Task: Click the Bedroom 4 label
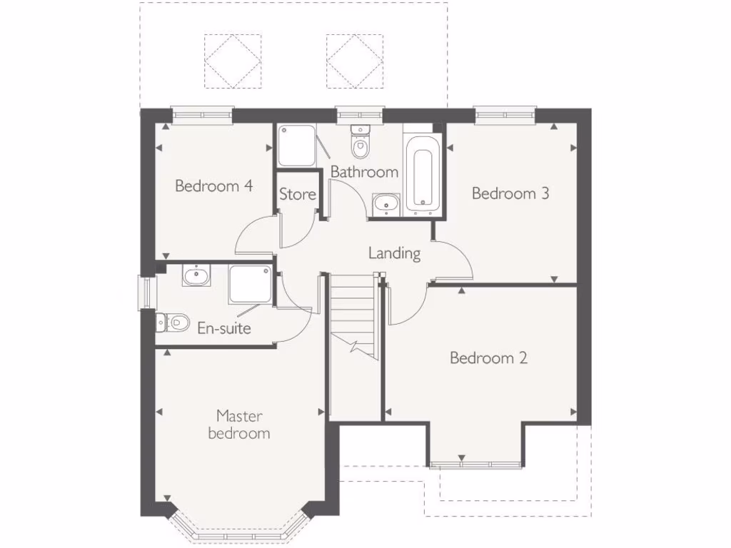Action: tap(214, 186)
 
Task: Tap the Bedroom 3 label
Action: tap(510, 193)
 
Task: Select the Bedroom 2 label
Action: tap(488, 358)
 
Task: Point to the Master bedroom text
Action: tap(239, 425)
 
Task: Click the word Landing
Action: tap(394, 253)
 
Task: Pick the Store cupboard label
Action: tap(297, 194)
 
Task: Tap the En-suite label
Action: tap(224, 329)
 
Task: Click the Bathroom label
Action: tap(364, 172)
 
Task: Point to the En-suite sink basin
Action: tap(195, 275)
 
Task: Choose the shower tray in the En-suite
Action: tap(250, 285)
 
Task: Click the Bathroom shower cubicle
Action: tap(297, 146)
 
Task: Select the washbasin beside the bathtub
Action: tap(386, 203)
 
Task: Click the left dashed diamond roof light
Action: tap(233, 61)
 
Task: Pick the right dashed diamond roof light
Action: tap(355, 61)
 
